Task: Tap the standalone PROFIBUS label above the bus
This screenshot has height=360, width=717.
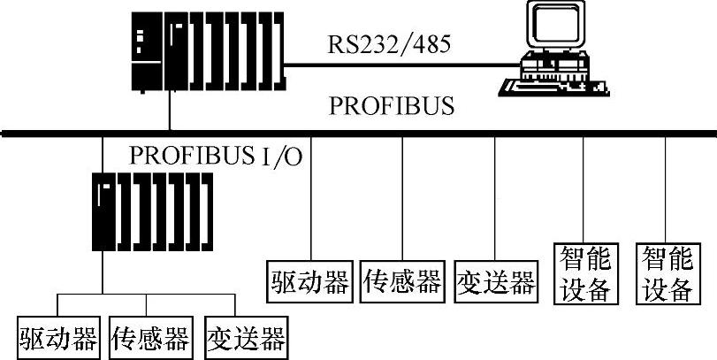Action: tap(392, 107)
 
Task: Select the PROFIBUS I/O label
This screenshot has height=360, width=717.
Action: tap(216, 156)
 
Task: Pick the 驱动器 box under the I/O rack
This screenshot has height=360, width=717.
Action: tap(57, 338)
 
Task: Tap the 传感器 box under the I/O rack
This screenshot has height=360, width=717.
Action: tap(150, 338)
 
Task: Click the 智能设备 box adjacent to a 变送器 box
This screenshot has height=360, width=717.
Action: tap(584, 274)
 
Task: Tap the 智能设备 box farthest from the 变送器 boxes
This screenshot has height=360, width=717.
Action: tap(666, 274)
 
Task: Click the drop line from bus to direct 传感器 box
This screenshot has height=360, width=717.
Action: tap(402, 195)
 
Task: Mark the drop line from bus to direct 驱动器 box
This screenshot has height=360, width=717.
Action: tap(311, 195)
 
